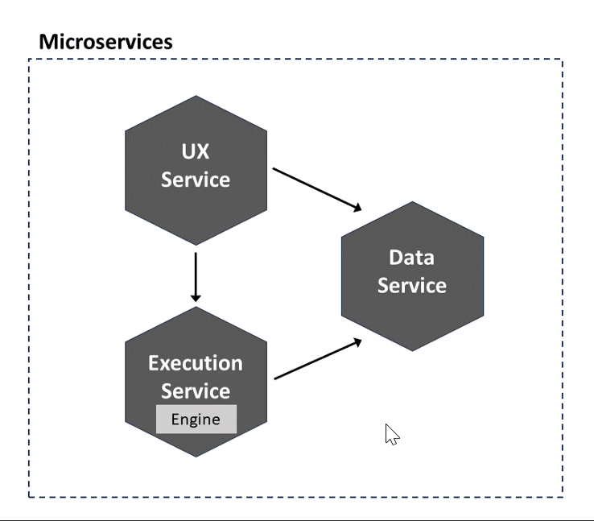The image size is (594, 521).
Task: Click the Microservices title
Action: click(105, 42)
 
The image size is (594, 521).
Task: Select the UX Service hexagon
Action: click(196, 170)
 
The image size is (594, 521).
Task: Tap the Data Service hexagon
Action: click(412, 276)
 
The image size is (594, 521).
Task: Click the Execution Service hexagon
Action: click(196, 382)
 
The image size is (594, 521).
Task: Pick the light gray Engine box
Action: click(196, 419)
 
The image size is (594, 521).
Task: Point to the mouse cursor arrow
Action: click(392, 434)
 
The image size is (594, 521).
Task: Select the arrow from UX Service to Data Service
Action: click(317, 189)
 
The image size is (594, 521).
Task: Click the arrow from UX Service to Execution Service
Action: click(196, 277)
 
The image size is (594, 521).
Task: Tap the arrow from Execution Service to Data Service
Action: click(318, 359)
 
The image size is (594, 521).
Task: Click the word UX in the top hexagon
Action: click(195, 151)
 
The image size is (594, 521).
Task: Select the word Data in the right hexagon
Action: click(411, 258)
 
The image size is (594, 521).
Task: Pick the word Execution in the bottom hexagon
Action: click(196, 363)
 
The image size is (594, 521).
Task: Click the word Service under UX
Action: click(196, 180)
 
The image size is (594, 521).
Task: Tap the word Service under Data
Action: click(412, 285)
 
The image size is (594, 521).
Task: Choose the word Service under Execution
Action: click(196, 391)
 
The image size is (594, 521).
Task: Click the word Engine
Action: click(196, 420)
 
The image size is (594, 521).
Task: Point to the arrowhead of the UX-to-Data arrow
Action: click(357, 208)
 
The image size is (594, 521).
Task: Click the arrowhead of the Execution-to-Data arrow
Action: click(357, 342)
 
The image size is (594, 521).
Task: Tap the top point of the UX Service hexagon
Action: click(196, 96)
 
